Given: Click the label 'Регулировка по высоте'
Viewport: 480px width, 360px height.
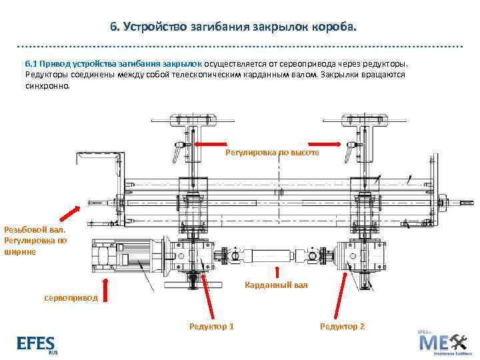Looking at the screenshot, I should pyautogui.click(x=272, y=152).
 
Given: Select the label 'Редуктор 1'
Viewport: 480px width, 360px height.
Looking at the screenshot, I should pyautogui.click(x=211, y=326).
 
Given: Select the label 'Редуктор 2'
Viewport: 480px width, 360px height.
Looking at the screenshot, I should pyautogui.click(x=342, y=326).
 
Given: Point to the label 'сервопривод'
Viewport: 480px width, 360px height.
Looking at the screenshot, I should pyautogui.click(x=70, y=298).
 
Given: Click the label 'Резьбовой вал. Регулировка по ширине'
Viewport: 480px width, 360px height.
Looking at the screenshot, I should pyautogui.click(x=35, y=241).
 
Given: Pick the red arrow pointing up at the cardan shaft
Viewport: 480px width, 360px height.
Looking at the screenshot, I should pyautogui.click(x=276, y=272).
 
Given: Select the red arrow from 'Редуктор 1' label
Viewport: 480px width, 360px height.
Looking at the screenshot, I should pyautogui.click(x=208, y=294).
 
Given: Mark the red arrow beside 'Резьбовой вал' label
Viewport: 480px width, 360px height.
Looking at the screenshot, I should pyautogui.click(x=69, y=213).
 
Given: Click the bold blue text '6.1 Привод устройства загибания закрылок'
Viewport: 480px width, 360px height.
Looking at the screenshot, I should pyautogui.click(x=114, y=63).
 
